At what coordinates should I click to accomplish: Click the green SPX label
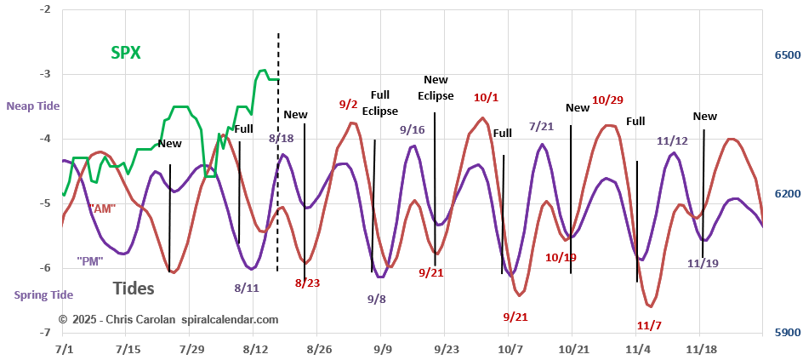[x=126, y=52]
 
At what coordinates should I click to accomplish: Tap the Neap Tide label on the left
[x=33, y=106]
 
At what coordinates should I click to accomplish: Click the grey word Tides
[x=133, y=289]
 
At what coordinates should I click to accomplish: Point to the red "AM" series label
[x=103, y=207]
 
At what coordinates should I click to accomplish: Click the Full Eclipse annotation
[x=379, y=103]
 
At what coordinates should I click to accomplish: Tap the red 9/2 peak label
[x=348, y=105]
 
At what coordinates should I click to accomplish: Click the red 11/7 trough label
[x=649, y=325]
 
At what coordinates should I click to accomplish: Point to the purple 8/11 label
[x=247, y=288]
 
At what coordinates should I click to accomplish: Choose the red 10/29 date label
[x=607, y=100]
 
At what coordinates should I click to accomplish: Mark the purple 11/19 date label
[x=703, y=263]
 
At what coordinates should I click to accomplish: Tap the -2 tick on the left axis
[x=44, y=9]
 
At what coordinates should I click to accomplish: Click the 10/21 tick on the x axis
[x=573, y=349]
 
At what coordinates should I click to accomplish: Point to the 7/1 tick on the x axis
[x=63, y=349]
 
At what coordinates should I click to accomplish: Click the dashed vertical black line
[x=278, y=153]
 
